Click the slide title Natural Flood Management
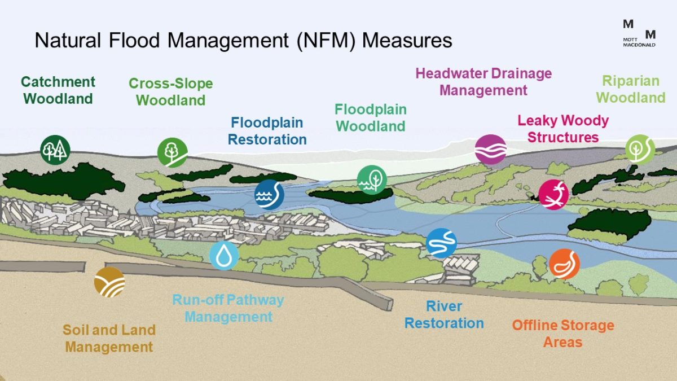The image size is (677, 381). tap(243, 41)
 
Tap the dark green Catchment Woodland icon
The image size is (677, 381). tap(55, 150)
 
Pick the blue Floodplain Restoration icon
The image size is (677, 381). tap(269, 195)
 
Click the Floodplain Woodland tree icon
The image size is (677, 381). tap(372, 180)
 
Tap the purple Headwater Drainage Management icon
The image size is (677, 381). tap(490, 150)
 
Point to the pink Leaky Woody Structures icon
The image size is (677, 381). tap(553, 194)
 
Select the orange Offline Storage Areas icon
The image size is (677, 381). tap(564, 264)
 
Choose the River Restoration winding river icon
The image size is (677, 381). tap(441, 243)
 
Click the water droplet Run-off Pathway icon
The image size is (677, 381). tap(224, 255)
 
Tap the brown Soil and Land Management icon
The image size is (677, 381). tap(109, 282)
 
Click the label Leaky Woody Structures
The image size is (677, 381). tap(562, 129)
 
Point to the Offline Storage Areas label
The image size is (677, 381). tap(562, 334)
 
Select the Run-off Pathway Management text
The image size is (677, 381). tap(228, 308)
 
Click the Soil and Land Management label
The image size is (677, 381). tap(109, 338)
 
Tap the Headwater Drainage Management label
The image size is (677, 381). tap(483, 82)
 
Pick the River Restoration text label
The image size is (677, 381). tap(444, 315)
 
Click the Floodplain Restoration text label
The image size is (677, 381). tap(267, 131)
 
